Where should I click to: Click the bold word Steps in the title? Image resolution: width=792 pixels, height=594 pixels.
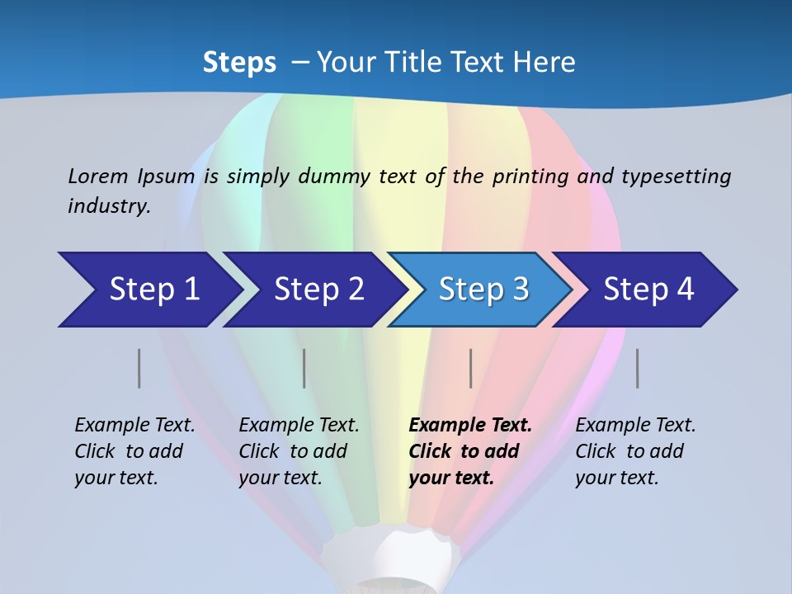[x=239, y=63]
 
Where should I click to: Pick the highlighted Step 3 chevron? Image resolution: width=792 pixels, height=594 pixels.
[x=483, y=290]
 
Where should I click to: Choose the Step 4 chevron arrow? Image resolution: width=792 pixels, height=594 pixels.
[x=648, y=290]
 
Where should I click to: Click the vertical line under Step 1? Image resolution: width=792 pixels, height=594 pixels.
[x=139, y=368]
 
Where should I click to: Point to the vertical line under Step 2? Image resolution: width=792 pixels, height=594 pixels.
[x=304, y=368]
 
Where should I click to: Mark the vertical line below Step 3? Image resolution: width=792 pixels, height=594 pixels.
[x=470, y=368]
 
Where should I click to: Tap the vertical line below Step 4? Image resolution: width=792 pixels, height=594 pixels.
[x=637, y=368]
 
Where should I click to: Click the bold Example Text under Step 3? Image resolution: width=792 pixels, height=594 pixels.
[x=470, y=426]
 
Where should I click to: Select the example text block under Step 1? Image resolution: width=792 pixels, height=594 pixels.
[x=134, y=451]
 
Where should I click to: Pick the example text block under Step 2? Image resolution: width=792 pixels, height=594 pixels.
[x=299, y=451]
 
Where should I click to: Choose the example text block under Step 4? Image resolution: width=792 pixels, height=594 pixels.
[x=635, y=451]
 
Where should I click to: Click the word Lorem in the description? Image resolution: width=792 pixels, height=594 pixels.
[x=98, y=176]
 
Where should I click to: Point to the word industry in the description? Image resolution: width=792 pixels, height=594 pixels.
[x=109, y=206]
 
